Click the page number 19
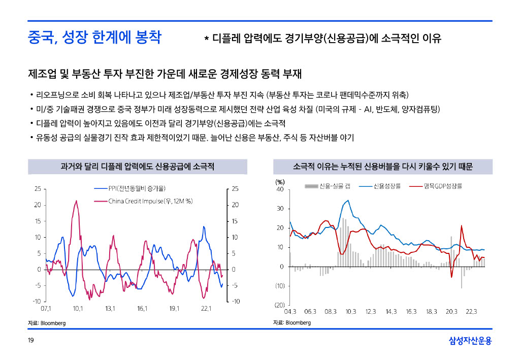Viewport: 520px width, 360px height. coord(30,340)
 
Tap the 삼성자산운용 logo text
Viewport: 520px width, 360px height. coord(470,341)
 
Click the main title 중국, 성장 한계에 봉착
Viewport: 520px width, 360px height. coord(94,38)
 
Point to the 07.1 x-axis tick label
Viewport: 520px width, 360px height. coord(46,308)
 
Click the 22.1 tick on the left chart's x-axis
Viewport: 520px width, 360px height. coord(206,308)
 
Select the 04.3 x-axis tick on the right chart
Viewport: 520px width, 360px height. coord(290,311)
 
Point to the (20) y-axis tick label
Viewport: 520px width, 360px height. coord(280,305)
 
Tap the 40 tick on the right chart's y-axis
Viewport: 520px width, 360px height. coord(280,189)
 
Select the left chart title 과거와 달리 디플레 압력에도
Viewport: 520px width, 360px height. coord(137,167)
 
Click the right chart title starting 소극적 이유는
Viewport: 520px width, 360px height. coord(383,167)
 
